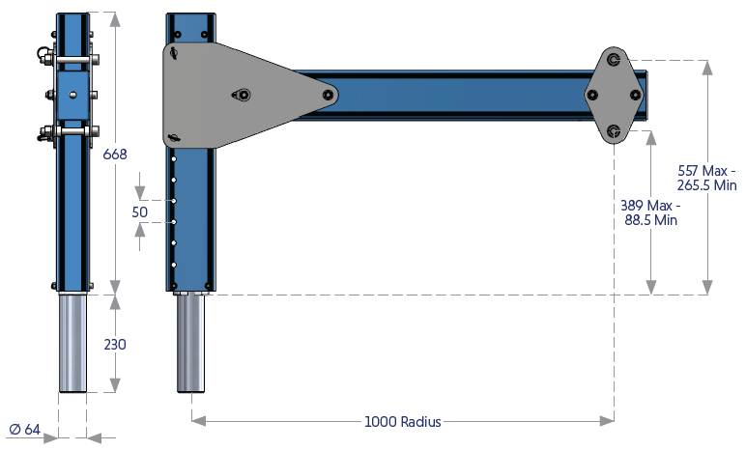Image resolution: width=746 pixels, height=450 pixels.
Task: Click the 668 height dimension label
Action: tap(115, 154)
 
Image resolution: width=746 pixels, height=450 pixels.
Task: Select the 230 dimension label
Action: tap(115, 344)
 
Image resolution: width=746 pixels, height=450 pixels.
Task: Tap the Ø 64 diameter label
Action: tap(25, 430)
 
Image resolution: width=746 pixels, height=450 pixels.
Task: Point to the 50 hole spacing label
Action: tap(140, 211)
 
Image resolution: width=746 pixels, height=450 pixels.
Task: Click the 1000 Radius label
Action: tap(402, 421)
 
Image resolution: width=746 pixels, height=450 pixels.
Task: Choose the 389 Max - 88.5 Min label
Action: tap(651, 212)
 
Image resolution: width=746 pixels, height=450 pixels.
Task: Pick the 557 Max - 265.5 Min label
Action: tap(708, 178)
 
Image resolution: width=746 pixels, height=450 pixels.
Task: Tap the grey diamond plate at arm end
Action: tap(614, 95)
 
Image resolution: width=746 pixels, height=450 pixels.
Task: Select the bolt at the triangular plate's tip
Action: tap(330, 96)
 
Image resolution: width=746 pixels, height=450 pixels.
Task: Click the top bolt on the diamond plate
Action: tap(615, 60)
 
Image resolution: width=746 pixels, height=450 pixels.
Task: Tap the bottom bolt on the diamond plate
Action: tap(615, 130)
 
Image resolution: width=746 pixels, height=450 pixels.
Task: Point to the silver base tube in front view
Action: tap(72, 343)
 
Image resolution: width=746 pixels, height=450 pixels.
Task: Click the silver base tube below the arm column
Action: tap(190, 343)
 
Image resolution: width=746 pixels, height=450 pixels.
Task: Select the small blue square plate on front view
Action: tap(73, 95)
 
